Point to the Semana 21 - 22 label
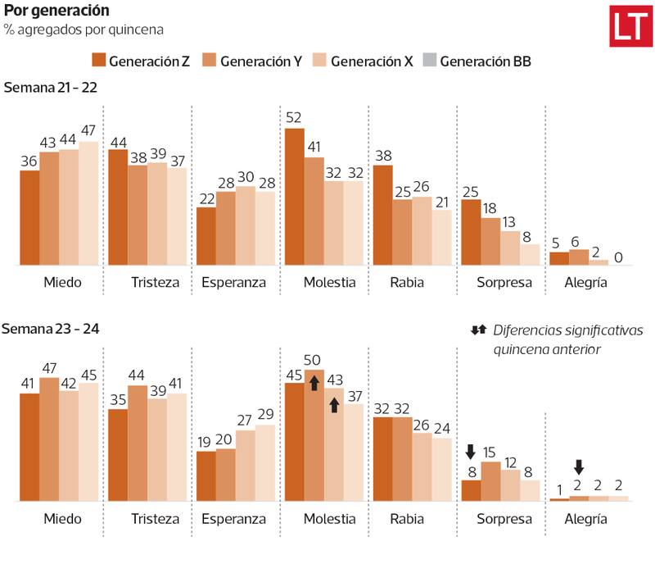pyautogui.click(x=50, y=88)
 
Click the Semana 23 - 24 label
pyautogui.click(x=50, y=329)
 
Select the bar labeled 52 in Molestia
pyautogui.click(x=295, y=197)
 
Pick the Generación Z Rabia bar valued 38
pyautogui.click(x=382, y=215)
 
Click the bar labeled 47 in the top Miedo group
pyautogui.click(x=88, y=203)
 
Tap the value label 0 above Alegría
pyautogui.click(x=618, y=257)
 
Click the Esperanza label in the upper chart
pyautogui.click(x=234, y=283)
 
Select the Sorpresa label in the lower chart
pyautogui.click(x=504, y=519)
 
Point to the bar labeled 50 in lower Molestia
pyautogui.click(x=314, y=434)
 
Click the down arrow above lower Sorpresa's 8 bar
pyautogui.click(x=470, y=452)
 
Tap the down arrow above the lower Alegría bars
pyautogui.click(x=579, y=467)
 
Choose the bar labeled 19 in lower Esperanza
pyautogui.click(x=206, y=475)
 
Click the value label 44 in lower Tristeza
pyautogui.click(x=138, y=375)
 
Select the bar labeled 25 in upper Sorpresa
pyautogui.click(x=471, y=232)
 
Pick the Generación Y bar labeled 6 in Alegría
pyautogui.click(x=579, y=257)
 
